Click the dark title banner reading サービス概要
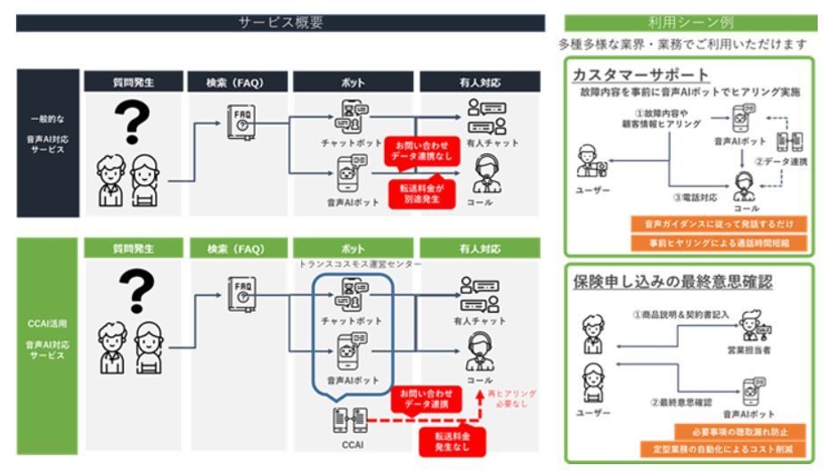coord(280,23)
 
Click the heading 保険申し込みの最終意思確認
coord(672,282)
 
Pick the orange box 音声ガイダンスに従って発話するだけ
coord(719,223)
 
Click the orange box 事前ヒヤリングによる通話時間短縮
coord(719,242)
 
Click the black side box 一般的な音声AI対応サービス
coord(47,143)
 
